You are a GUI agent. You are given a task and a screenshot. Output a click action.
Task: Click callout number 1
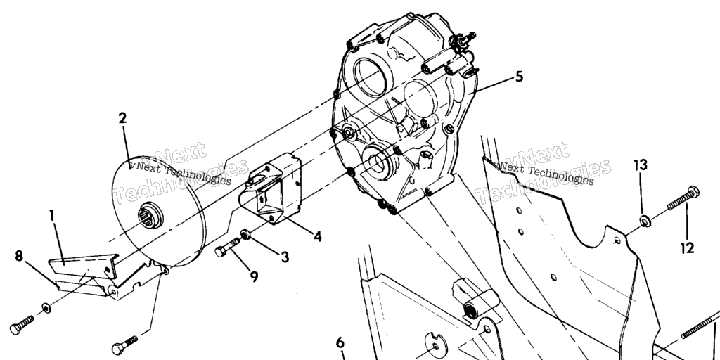click(x=53, y=216)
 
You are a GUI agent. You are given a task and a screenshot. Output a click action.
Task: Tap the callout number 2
click(x=122, y=118)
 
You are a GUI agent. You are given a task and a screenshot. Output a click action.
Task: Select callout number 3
click(x=285, y=257)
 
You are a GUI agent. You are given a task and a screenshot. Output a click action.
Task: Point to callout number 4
click(x=317, y=236)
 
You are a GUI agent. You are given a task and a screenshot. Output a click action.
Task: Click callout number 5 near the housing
click(x=519, y=77)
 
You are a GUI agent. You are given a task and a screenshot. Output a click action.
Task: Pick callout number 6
click(x=340, y=343)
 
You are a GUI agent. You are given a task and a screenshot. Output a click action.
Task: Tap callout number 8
click(x=19, y=256)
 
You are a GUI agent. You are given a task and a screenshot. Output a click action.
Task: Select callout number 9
click(x=254, y=276)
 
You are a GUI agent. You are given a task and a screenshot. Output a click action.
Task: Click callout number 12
click(x=688, y=248)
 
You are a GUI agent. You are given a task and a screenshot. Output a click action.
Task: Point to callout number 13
click(x=641, y=165)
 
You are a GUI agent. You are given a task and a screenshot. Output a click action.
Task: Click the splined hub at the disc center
click(x=150, y=215)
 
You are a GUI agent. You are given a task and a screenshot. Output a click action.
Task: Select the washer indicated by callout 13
click(x=645, y=221)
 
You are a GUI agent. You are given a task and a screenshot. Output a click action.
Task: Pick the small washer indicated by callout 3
click(x=245, y=235)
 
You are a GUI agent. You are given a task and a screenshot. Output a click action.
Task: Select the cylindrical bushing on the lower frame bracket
click(x=480, y=304)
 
